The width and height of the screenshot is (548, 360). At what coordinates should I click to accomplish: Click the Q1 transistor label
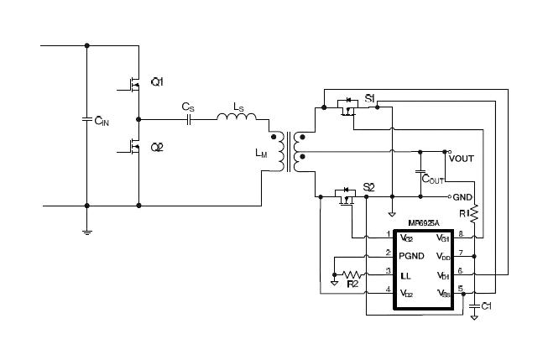(157, 81)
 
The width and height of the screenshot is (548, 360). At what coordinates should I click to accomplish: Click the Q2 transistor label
(157, 147)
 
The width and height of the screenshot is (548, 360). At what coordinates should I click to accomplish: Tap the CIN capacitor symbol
(87, 118)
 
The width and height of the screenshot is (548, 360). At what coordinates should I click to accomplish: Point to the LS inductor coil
(238, 118)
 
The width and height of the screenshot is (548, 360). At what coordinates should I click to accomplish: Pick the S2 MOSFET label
(368, 186)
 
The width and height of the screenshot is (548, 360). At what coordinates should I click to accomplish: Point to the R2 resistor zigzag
(351, 274)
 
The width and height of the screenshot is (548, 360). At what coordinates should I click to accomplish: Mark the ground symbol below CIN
(87, 230)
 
